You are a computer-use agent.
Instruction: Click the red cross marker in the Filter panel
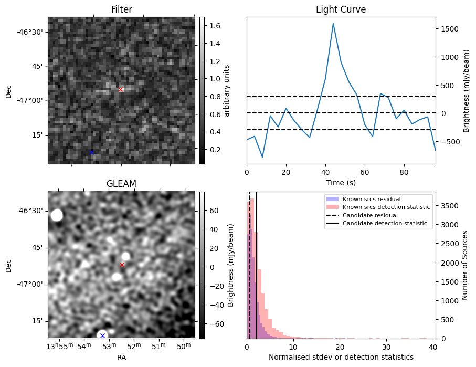(120, 89)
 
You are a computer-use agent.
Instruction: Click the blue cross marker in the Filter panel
(91, 152)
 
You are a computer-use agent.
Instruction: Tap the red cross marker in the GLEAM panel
(122, 265)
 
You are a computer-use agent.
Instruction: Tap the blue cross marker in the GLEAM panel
(102, 335)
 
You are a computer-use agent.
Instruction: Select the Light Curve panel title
(341, 9)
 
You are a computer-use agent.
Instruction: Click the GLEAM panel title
(121, 183)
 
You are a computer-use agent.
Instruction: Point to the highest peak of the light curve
(333, 23)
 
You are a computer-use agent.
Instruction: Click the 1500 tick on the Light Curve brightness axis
(449, 29)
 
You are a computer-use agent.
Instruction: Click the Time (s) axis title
(341, 182)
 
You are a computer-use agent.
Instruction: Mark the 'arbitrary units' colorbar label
(227, 90)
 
